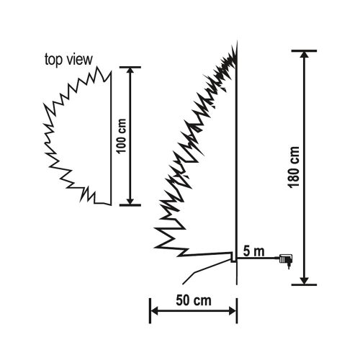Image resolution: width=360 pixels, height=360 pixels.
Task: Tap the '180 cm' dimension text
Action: [294, 167]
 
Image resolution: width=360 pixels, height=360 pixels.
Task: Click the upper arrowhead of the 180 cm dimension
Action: [305, 55]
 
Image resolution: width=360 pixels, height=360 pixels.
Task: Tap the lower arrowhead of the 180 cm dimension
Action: [305, 279]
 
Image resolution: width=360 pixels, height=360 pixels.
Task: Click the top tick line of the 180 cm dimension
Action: [305, 50]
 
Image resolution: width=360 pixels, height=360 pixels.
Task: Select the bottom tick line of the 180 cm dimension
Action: [305, 284]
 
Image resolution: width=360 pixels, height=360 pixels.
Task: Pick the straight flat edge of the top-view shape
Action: [110, 137]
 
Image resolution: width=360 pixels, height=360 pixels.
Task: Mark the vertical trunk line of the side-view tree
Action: [238, 158]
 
